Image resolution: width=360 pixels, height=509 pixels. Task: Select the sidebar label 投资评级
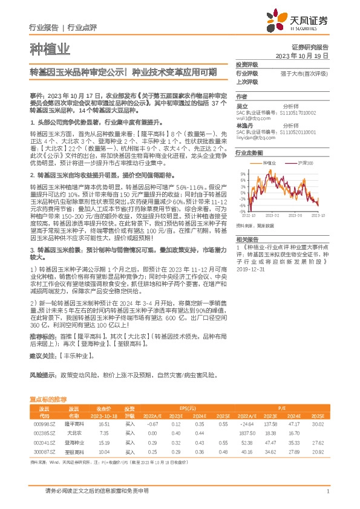[x=247, y=64]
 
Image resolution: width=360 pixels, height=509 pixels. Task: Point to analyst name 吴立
[x=242, y=105]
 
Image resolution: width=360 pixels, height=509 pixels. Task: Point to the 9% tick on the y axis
[x=242, y=174]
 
